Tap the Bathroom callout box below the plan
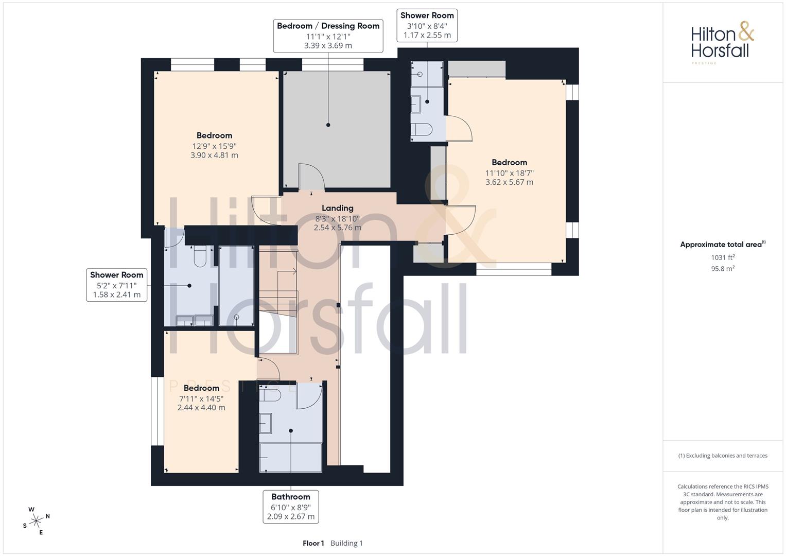pyautogui.click(x=291, y=507)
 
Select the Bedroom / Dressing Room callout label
pyautogui.click(x=328, y=36)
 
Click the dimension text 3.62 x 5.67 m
pyautogui.click(x=509, y=182)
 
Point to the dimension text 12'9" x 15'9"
pyautogui.click(x=215, y=146)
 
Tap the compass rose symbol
pyautogui.click(x=36, y=521)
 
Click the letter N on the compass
pyautogui.click(x=48, y=516)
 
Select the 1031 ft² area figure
pyautogui.click(x=723, y=257)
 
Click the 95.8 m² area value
pyautogui.click(x=723, y=269)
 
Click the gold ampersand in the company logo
pyautogui.click(x=746, y=31)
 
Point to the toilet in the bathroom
pyautogui.click(x=270, y=395)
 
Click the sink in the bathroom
pyautogui.click(x=265, y=423)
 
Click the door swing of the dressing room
pyautogui.click(x=311, y=177)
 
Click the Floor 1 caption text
pyautogui.click(x=313, y=543)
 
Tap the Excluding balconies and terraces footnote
pyautogui.click(x=723, y=456)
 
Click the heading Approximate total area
pyautogui.click(x=721, y=245)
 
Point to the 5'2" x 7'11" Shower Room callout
pyautogui.click(x=117, y=285)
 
